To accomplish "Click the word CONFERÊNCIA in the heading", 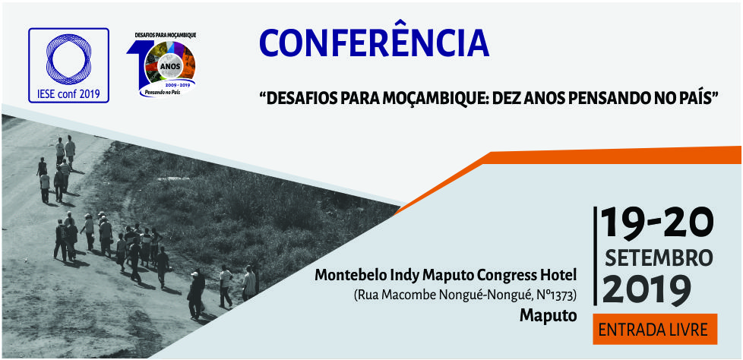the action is pyautogui.click(x=374, y=43).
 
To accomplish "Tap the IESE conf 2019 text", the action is pyautogui.click(x=68, y=93).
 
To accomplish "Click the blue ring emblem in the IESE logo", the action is pyautogui.click(x=68, y=59).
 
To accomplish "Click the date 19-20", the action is pyautogui.click(x=657, y=223).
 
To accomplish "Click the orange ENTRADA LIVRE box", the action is pyautogui.click(x=656, y=329).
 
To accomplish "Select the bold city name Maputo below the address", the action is pyautogui.click(x=549, y=315).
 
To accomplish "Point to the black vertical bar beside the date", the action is pyautogui.click(x=596, y=256).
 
